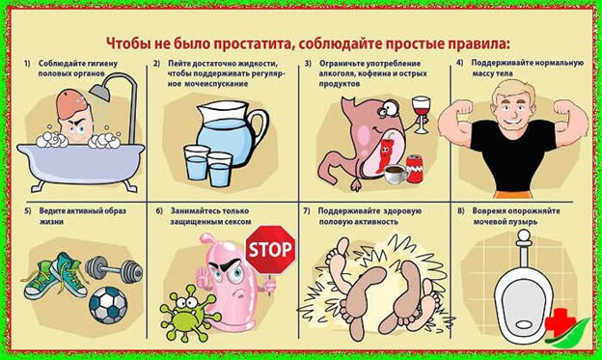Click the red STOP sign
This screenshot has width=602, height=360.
pos(270,250)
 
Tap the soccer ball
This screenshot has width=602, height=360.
pos(108,305)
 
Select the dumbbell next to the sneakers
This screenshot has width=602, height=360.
pos(114,268)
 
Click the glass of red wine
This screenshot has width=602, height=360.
pos(422,114)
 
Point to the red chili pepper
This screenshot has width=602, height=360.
pos(385,152)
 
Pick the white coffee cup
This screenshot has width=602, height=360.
pos(397,175)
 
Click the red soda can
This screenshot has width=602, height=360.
pos(414,168)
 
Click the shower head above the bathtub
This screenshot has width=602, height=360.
pos(100,91)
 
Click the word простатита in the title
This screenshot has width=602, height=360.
pos(250,43)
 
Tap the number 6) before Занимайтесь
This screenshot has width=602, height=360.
pos(159,211)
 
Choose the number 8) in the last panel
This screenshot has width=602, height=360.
pos(461,211)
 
